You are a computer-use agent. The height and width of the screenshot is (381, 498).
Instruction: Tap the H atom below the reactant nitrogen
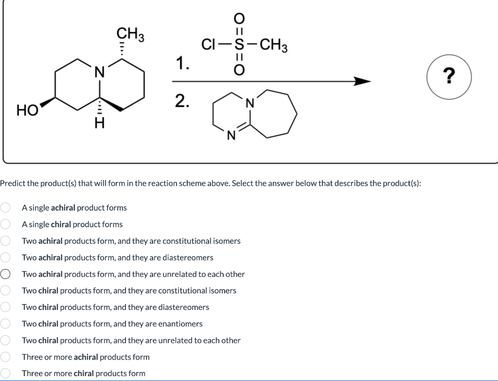tap(99, 125)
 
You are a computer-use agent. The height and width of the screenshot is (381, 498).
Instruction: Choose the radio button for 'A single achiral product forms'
tap(5, 208)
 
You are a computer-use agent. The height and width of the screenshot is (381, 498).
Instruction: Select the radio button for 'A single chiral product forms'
tap(5, 224)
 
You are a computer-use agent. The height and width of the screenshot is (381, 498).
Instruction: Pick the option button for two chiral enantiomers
tap(5, 324)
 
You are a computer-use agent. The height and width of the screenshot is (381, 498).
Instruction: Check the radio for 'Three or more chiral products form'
tap(5, 373)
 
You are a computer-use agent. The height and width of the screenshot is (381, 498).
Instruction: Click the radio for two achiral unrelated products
tap(5, 274)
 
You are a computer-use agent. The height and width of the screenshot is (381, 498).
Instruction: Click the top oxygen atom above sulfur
tap(239, 18)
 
